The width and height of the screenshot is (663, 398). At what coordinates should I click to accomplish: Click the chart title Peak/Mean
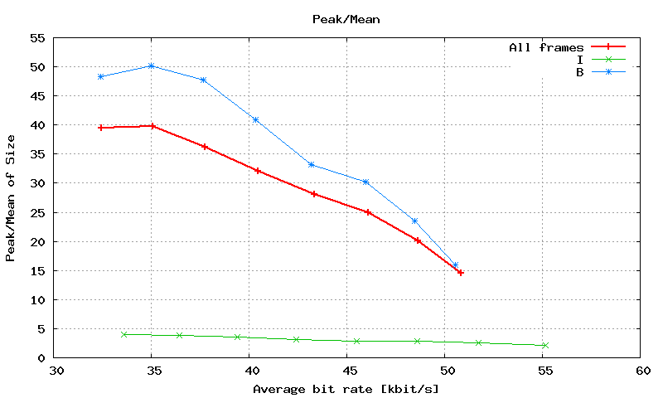pyautogui.click(x=346, y=18)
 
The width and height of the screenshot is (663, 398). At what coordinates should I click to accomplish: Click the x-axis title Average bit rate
pyautogui.click(x=346, y=388)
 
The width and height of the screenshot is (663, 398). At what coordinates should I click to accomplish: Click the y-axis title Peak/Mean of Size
pyautogui.click(x=11, y=197)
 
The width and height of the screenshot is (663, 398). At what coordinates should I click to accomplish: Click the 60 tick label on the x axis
pyautogui.click(x=640, y=371)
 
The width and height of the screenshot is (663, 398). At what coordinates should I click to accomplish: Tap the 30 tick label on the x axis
pyautogui.click(x=55, y=371)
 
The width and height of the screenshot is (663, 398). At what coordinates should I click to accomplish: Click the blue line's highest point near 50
pyautogui.click(x=152, y=66)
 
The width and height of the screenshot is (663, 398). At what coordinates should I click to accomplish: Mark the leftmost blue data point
pyautogui.click(x=100, y=76)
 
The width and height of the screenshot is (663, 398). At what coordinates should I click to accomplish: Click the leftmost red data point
pyautogui.click(x=100, y=128)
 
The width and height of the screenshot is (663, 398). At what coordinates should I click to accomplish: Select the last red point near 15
pyautogui.click(x=461, y=272)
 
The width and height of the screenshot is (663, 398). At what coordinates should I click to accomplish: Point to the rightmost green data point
pyautogui.click(x=544, y=345)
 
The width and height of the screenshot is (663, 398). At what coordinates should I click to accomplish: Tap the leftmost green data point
pyautogui.click(x=124, y=334)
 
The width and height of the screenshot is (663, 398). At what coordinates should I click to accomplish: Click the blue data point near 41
pyautogui.click(x=255, y=119)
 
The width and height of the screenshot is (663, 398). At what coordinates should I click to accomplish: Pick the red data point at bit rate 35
pyautogui.click(x=152, y=126)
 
